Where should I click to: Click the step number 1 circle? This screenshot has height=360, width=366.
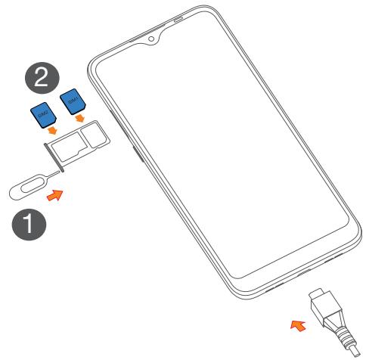29,224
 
